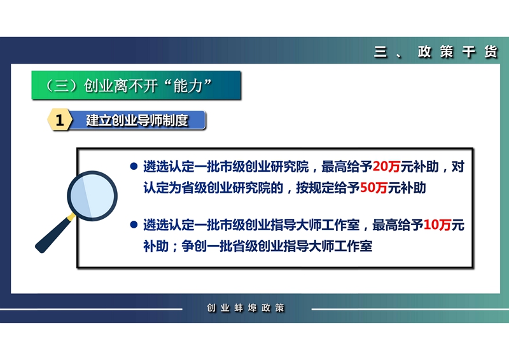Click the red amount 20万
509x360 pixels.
coord(386,167)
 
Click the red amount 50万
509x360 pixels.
coord(373,188)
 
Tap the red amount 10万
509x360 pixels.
coord(437,225)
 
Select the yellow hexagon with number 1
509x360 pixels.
coord(59,120)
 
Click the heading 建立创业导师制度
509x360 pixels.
coord(137,120)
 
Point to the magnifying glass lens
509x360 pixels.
coord(92,196)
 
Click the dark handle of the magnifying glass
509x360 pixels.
coord(54,234)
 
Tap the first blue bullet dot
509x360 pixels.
coord(134,167)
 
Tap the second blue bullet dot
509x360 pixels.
coord(134,225)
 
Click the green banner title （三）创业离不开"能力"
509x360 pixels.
coord(128,86)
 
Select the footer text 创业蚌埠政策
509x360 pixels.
coord(246,308)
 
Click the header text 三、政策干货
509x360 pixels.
coord(436,52)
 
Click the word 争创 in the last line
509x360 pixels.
coord(194,246)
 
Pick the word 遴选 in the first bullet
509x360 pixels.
coord(156,167)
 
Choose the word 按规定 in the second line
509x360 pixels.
coord(314,188)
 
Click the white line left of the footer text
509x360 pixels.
coord(91,309)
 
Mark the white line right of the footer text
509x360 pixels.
coord(410,309)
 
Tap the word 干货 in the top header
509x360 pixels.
coord(480,52)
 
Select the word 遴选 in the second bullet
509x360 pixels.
coord(156,225)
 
